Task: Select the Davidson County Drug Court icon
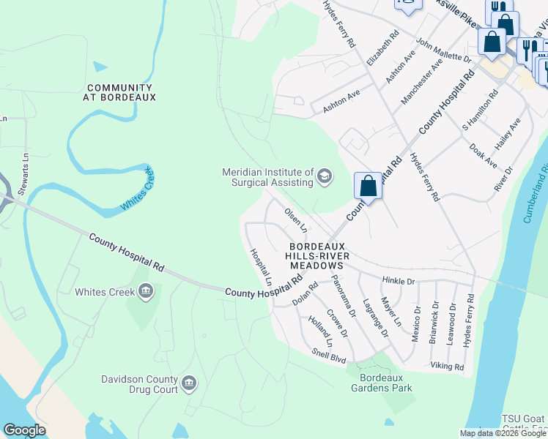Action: (188, 383)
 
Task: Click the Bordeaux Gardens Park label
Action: (385, 383)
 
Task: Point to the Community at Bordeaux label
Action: (119, 92)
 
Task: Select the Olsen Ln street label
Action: (295, 219)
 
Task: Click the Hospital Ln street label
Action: (261, 267)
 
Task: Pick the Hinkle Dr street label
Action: (399, 281)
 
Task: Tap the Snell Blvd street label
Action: (328, 355)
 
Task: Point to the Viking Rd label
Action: (447, 367)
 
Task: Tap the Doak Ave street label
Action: (484, 154)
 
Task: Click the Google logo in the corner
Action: (24, 430)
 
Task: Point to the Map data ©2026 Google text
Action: (503, 433)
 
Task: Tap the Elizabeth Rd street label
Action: (382, 48)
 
